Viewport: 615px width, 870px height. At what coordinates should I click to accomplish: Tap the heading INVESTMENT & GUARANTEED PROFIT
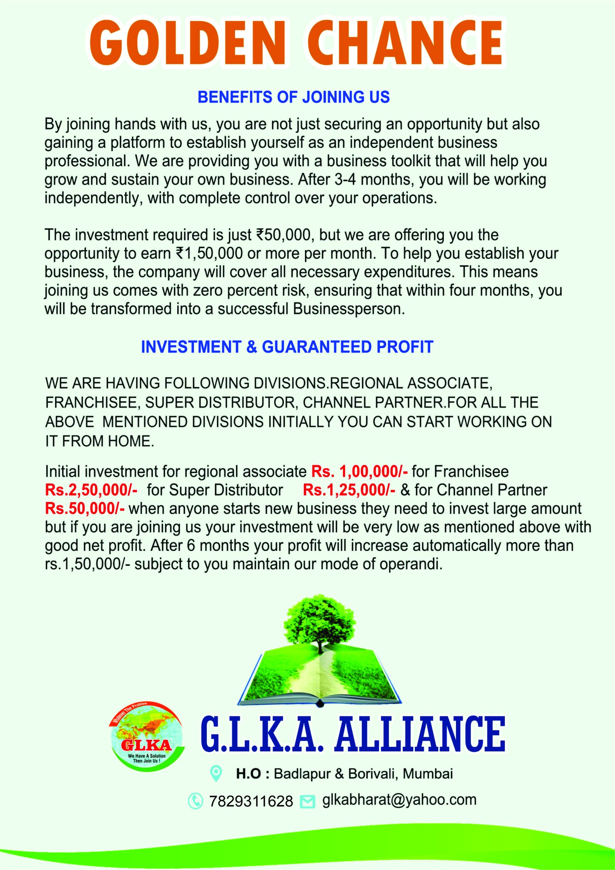[x=287, y=347]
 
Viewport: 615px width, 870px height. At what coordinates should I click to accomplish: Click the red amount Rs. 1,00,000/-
[x=359, y=472]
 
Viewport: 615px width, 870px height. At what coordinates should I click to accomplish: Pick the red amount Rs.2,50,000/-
[x=91, y=490]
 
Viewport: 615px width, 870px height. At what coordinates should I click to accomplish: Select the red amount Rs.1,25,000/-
[x=349, y=490]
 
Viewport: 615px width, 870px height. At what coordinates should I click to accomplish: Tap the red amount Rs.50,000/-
[x=85, y=509]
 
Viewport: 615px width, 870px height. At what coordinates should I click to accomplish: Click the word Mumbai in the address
[x=428, y=773]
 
